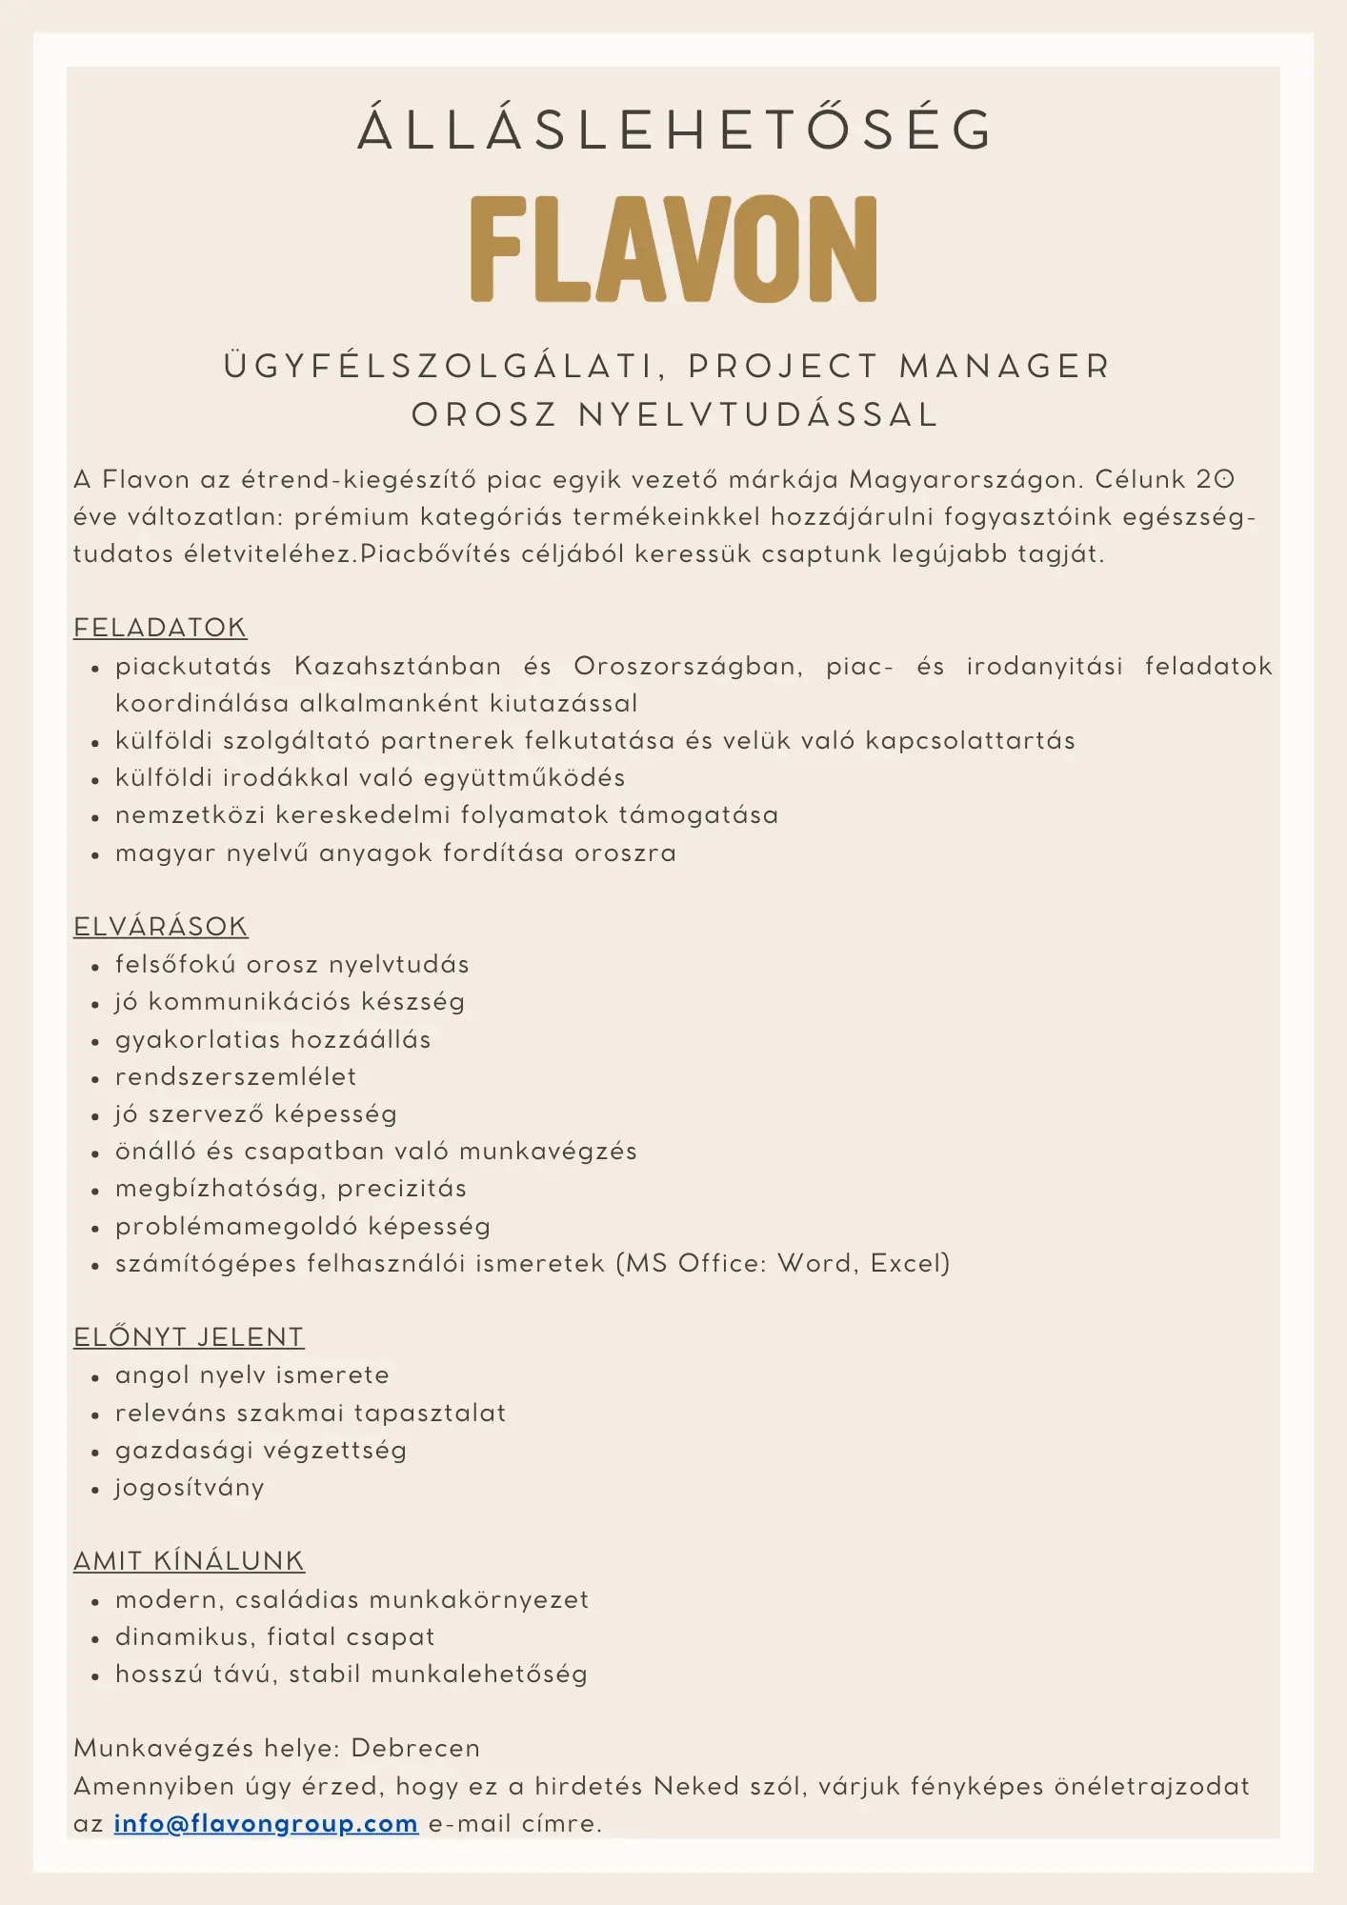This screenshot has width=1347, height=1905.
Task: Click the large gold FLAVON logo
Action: (673, 250)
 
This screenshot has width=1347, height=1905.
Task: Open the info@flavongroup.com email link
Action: (266, 1823)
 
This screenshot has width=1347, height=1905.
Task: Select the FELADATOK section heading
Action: (160, 628)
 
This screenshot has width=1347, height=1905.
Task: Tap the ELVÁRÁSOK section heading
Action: (160, 927)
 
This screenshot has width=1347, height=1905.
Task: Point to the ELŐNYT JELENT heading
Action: (189, 1337)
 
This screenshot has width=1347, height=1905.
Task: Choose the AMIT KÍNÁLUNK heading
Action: (189, 1561)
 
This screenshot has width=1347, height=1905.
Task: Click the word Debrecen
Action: (415, 1748)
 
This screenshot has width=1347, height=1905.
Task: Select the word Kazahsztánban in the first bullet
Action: (397, 666)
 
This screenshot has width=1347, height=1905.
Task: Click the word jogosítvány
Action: (190, 1488)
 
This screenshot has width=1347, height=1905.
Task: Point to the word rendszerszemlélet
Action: (235, 1077)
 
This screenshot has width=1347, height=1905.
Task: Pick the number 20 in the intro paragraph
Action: (1216, 479)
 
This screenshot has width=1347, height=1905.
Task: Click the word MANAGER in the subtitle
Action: (1005, 367)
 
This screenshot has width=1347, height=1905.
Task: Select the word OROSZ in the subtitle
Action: (484, 415)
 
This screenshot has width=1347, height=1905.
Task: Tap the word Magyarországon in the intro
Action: (963, 479)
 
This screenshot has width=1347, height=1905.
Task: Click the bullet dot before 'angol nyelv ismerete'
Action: (95, 1377)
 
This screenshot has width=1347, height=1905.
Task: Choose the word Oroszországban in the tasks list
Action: (687, 666)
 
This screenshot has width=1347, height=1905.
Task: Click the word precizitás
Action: (402, 1189)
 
